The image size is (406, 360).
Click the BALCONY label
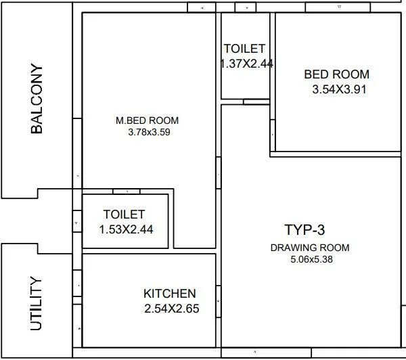[37, 99]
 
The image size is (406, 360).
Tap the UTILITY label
[37, 303]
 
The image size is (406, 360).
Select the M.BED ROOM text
[148, 121]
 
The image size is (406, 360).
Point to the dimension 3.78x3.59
[148, 133]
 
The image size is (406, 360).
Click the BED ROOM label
[336, 74]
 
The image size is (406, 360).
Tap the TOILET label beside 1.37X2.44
[244, 49]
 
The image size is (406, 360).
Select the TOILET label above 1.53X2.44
[124, 215]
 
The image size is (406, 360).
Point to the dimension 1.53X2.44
[127, 229]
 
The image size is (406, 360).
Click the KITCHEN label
[170, 294]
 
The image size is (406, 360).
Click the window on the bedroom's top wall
[339, 7]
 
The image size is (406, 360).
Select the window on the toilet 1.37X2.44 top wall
[246, 7]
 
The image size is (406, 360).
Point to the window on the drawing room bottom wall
[252, 353]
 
